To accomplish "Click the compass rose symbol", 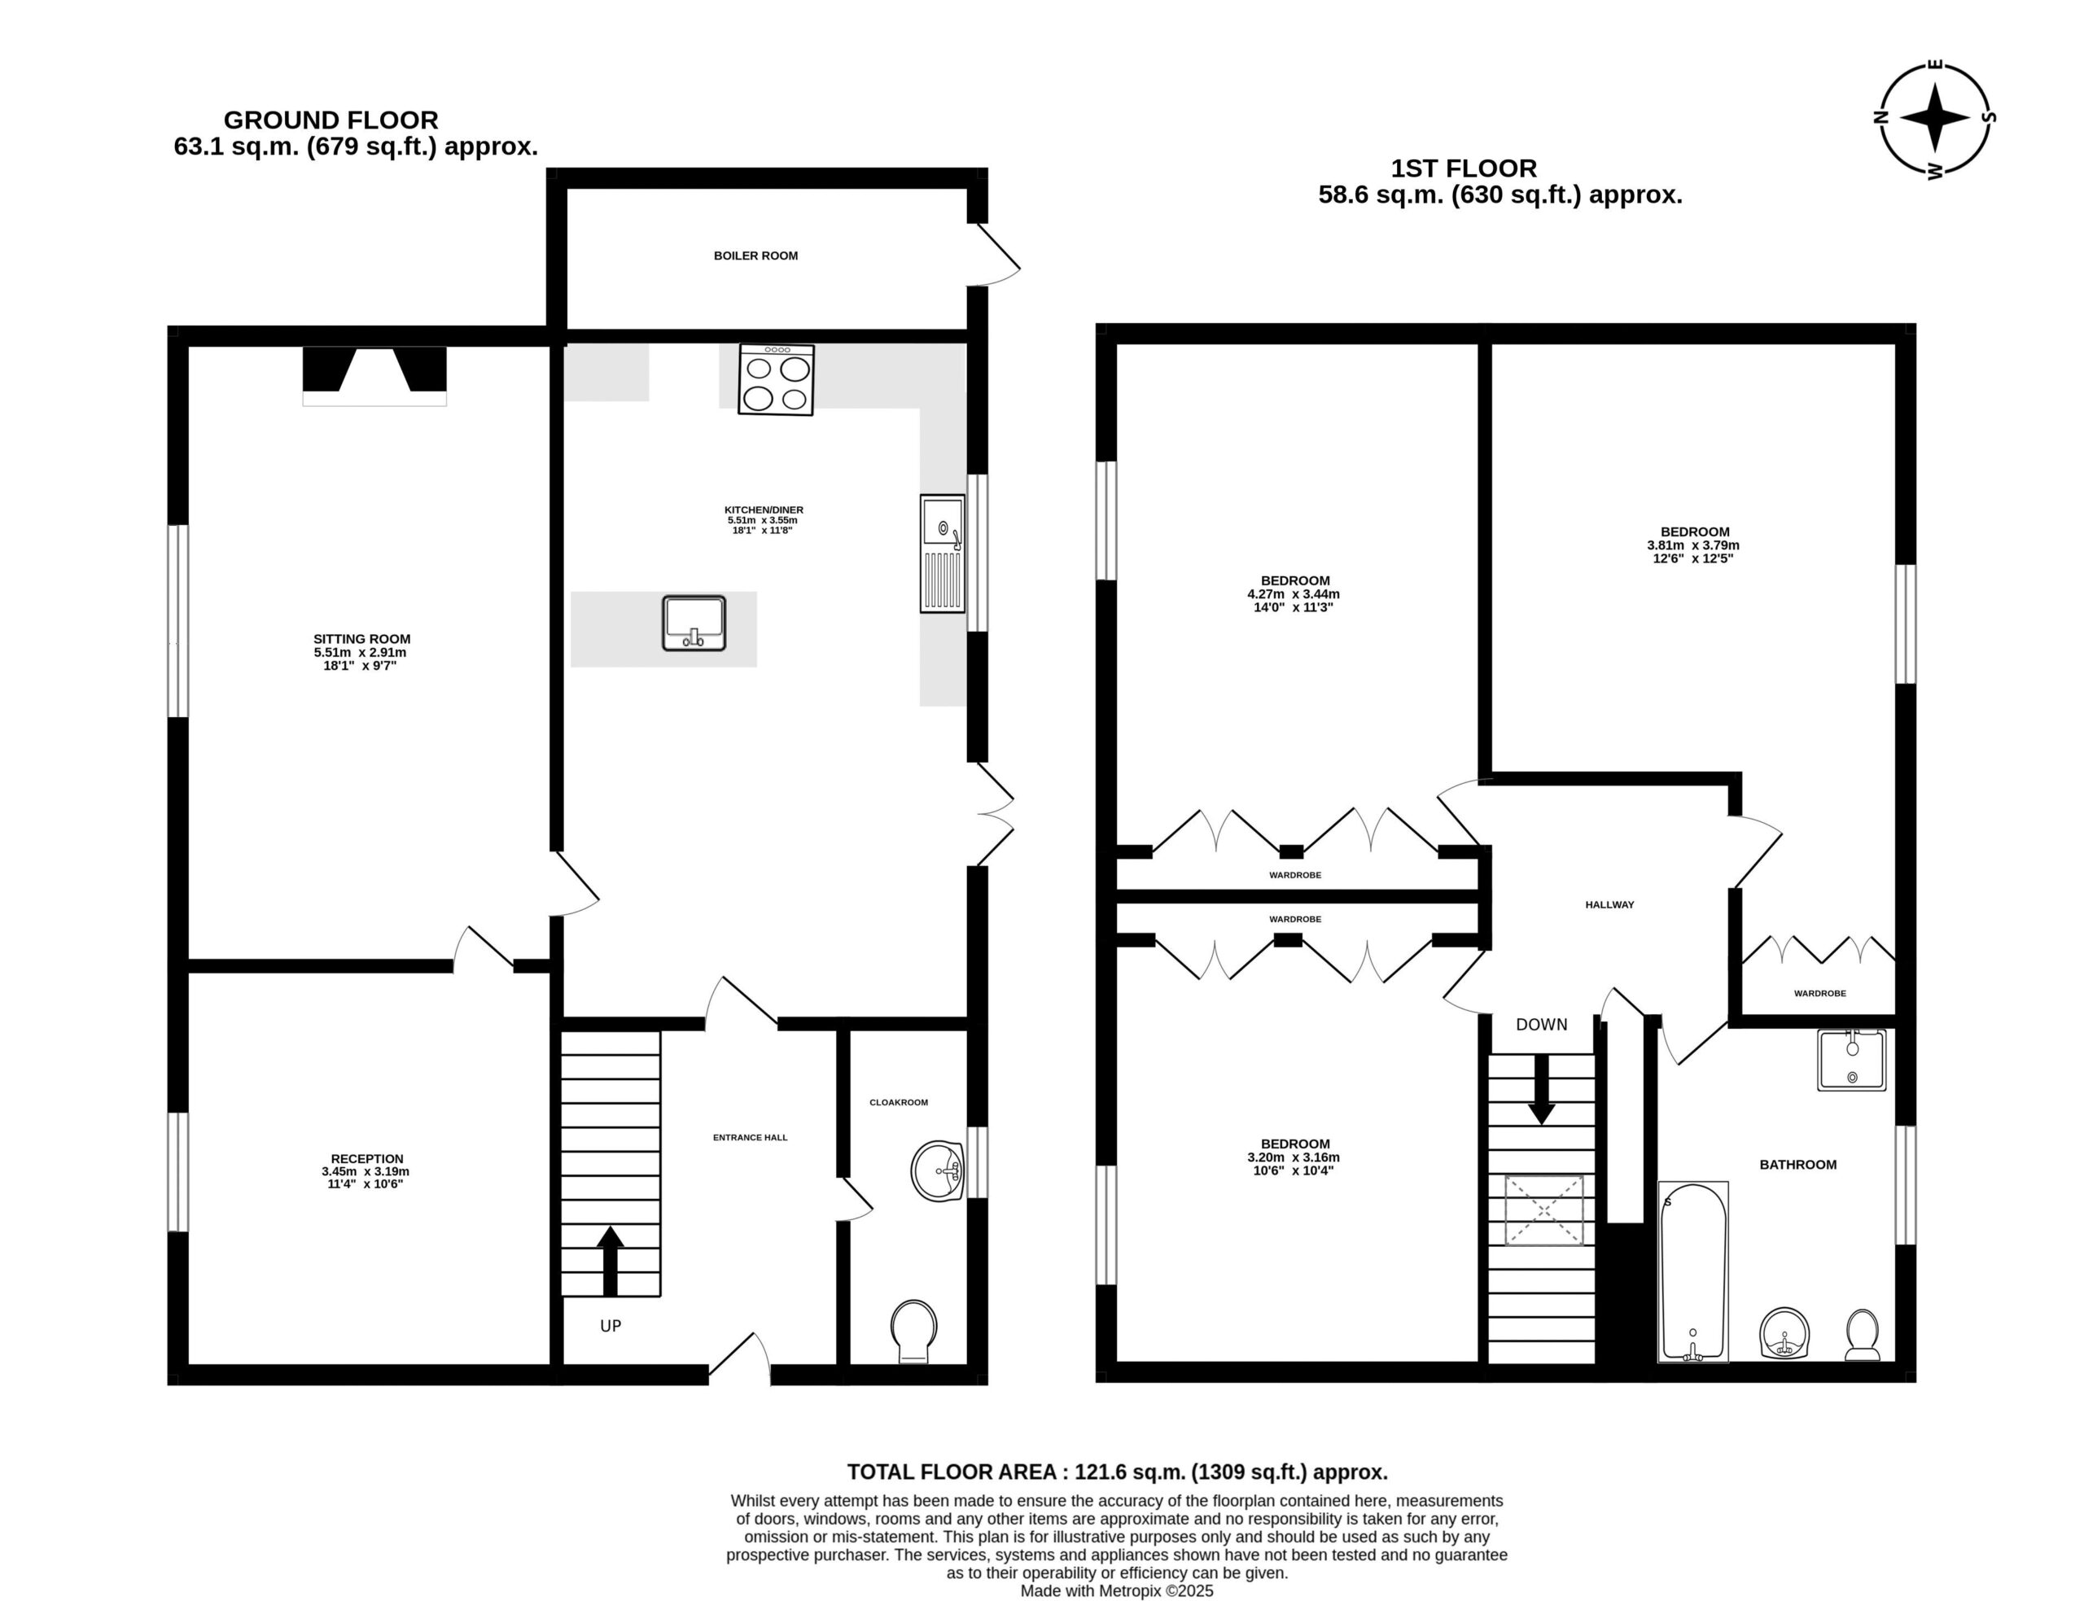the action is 1933,119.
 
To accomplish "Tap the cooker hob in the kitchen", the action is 776,379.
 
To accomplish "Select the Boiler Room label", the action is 755,256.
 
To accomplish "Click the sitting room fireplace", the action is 374,375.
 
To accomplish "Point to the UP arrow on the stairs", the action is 610,1261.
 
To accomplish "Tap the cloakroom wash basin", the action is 939,1170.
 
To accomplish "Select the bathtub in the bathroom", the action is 1693,1272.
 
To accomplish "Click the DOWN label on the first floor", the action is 1541,1025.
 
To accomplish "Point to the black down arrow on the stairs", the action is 1541,1089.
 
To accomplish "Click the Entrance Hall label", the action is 750,1137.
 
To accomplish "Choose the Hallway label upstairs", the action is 1609,904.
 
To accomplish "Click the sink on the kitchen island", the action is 694,623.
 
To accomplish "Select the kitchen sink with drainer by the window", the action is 943,553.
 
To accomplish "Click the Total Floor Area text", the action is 1117,1472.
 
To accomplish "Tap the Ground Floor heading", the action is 331,120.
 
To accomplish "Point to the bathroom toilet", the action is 1862,1335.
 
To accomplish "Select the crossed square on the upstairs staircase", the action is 1543,1210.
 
